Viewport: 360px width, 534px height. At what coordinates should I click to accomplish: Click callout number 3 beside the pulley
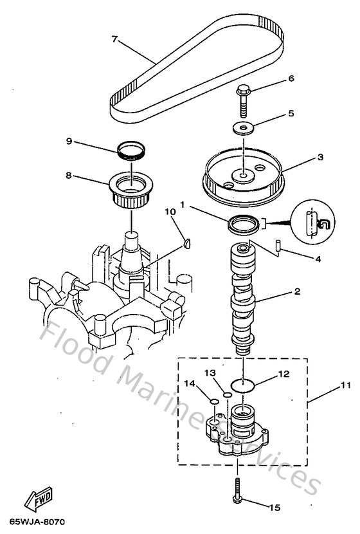coord(301,156)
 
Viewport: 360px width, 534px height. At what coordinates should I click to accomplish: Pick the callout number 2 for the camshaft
coord(297,291)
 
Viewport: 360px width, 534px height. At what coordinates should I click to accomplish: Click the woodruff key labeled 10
coord(187,243)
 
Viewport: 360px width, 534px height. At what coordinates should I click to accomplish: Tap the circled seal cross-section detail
coord(313,222)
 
